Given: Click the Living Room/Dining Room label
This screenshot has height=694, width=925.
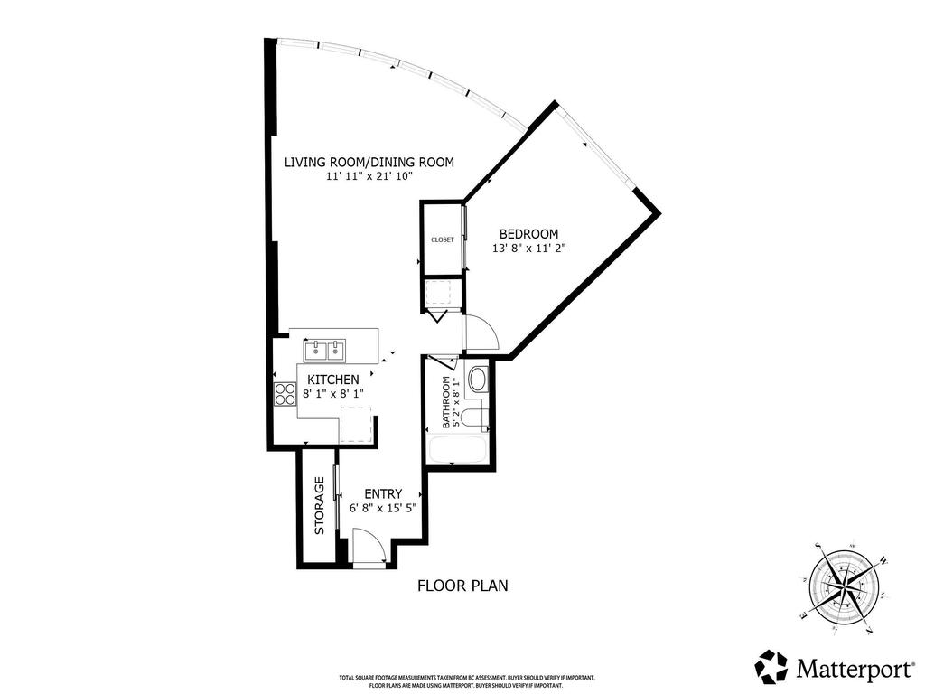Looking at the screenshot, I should (x=369, y=163).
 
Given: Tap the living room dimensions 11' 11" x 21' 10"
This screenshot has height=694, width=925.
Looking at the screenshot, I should (x=369, y=177).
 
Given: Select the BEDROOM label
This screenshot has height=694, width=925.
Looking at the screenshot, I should (x=528, y=234).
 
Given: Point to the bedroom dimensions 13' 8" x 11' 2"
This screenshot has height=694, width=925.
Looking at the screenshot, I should (x=528, y=249).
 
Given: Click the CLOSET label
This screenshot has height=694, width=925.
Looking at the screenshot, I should (x=443, y=239).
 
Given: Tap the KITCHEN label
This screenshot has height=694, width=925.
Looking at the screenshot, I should (x=332, y=380).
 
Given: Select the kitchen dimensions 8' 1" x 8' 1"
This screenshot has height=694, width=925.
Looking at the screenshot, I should (x=332, y=394).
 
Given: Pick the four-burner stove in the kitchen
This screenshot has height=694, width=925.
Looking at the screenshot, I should (x=285, y=394).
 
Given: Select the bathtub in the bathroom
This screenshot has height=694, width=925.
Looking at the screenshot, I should (x=460, y=449).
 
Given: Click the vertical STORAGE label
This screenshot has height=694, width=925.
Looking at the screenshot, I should (x=319, y=506).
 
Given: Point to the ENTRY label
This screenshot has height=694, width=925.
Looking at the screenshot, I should (x=382, y=493).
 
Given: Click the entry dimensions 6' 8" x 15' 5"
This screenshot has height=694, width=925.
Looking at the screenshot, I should (x=382, y=508).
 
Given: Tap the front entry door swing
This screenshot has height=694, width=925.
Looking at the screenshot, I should (x=368, y=548).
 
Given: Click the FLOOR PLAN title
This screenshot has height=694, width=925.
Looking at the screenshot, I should (x=462, y=586).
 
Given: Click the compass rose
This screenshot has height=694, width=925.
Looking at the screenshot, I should (x=847, y=585).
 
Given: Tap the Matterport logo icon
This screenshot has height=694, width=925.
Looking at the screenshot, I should (x=771, y=666).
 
